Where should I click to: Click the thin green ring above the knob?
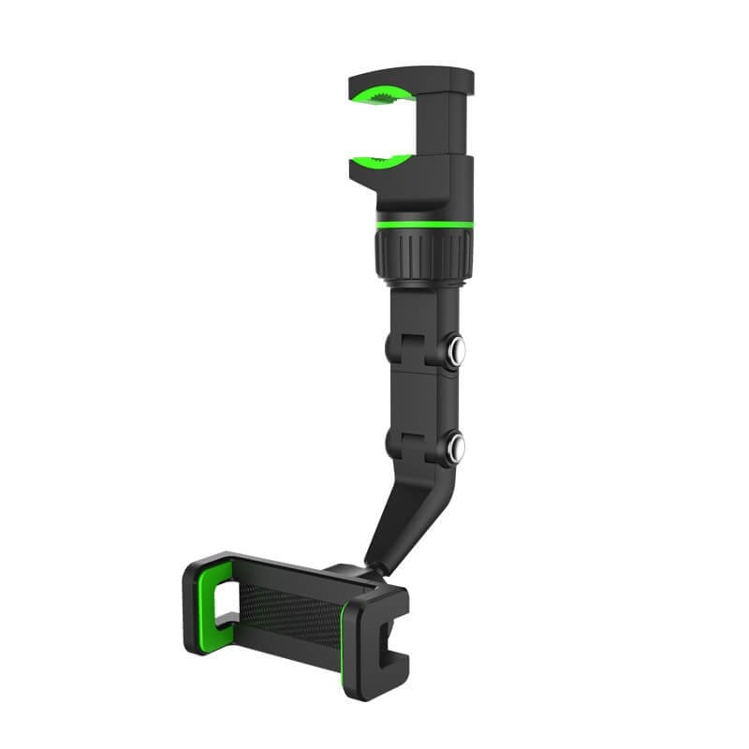tap(424, 225)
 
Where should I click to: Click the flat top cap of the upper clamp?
tap(412, 75)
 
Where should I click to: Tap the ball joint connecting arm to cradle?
tap(360, 572)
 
